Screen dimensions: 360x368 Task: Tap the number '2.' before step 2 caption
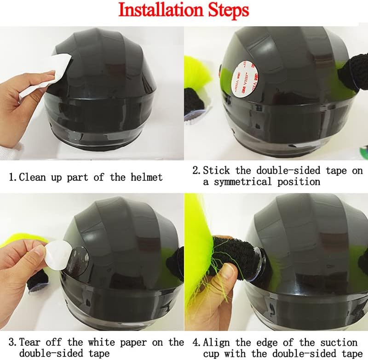(x=196, y=171)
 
